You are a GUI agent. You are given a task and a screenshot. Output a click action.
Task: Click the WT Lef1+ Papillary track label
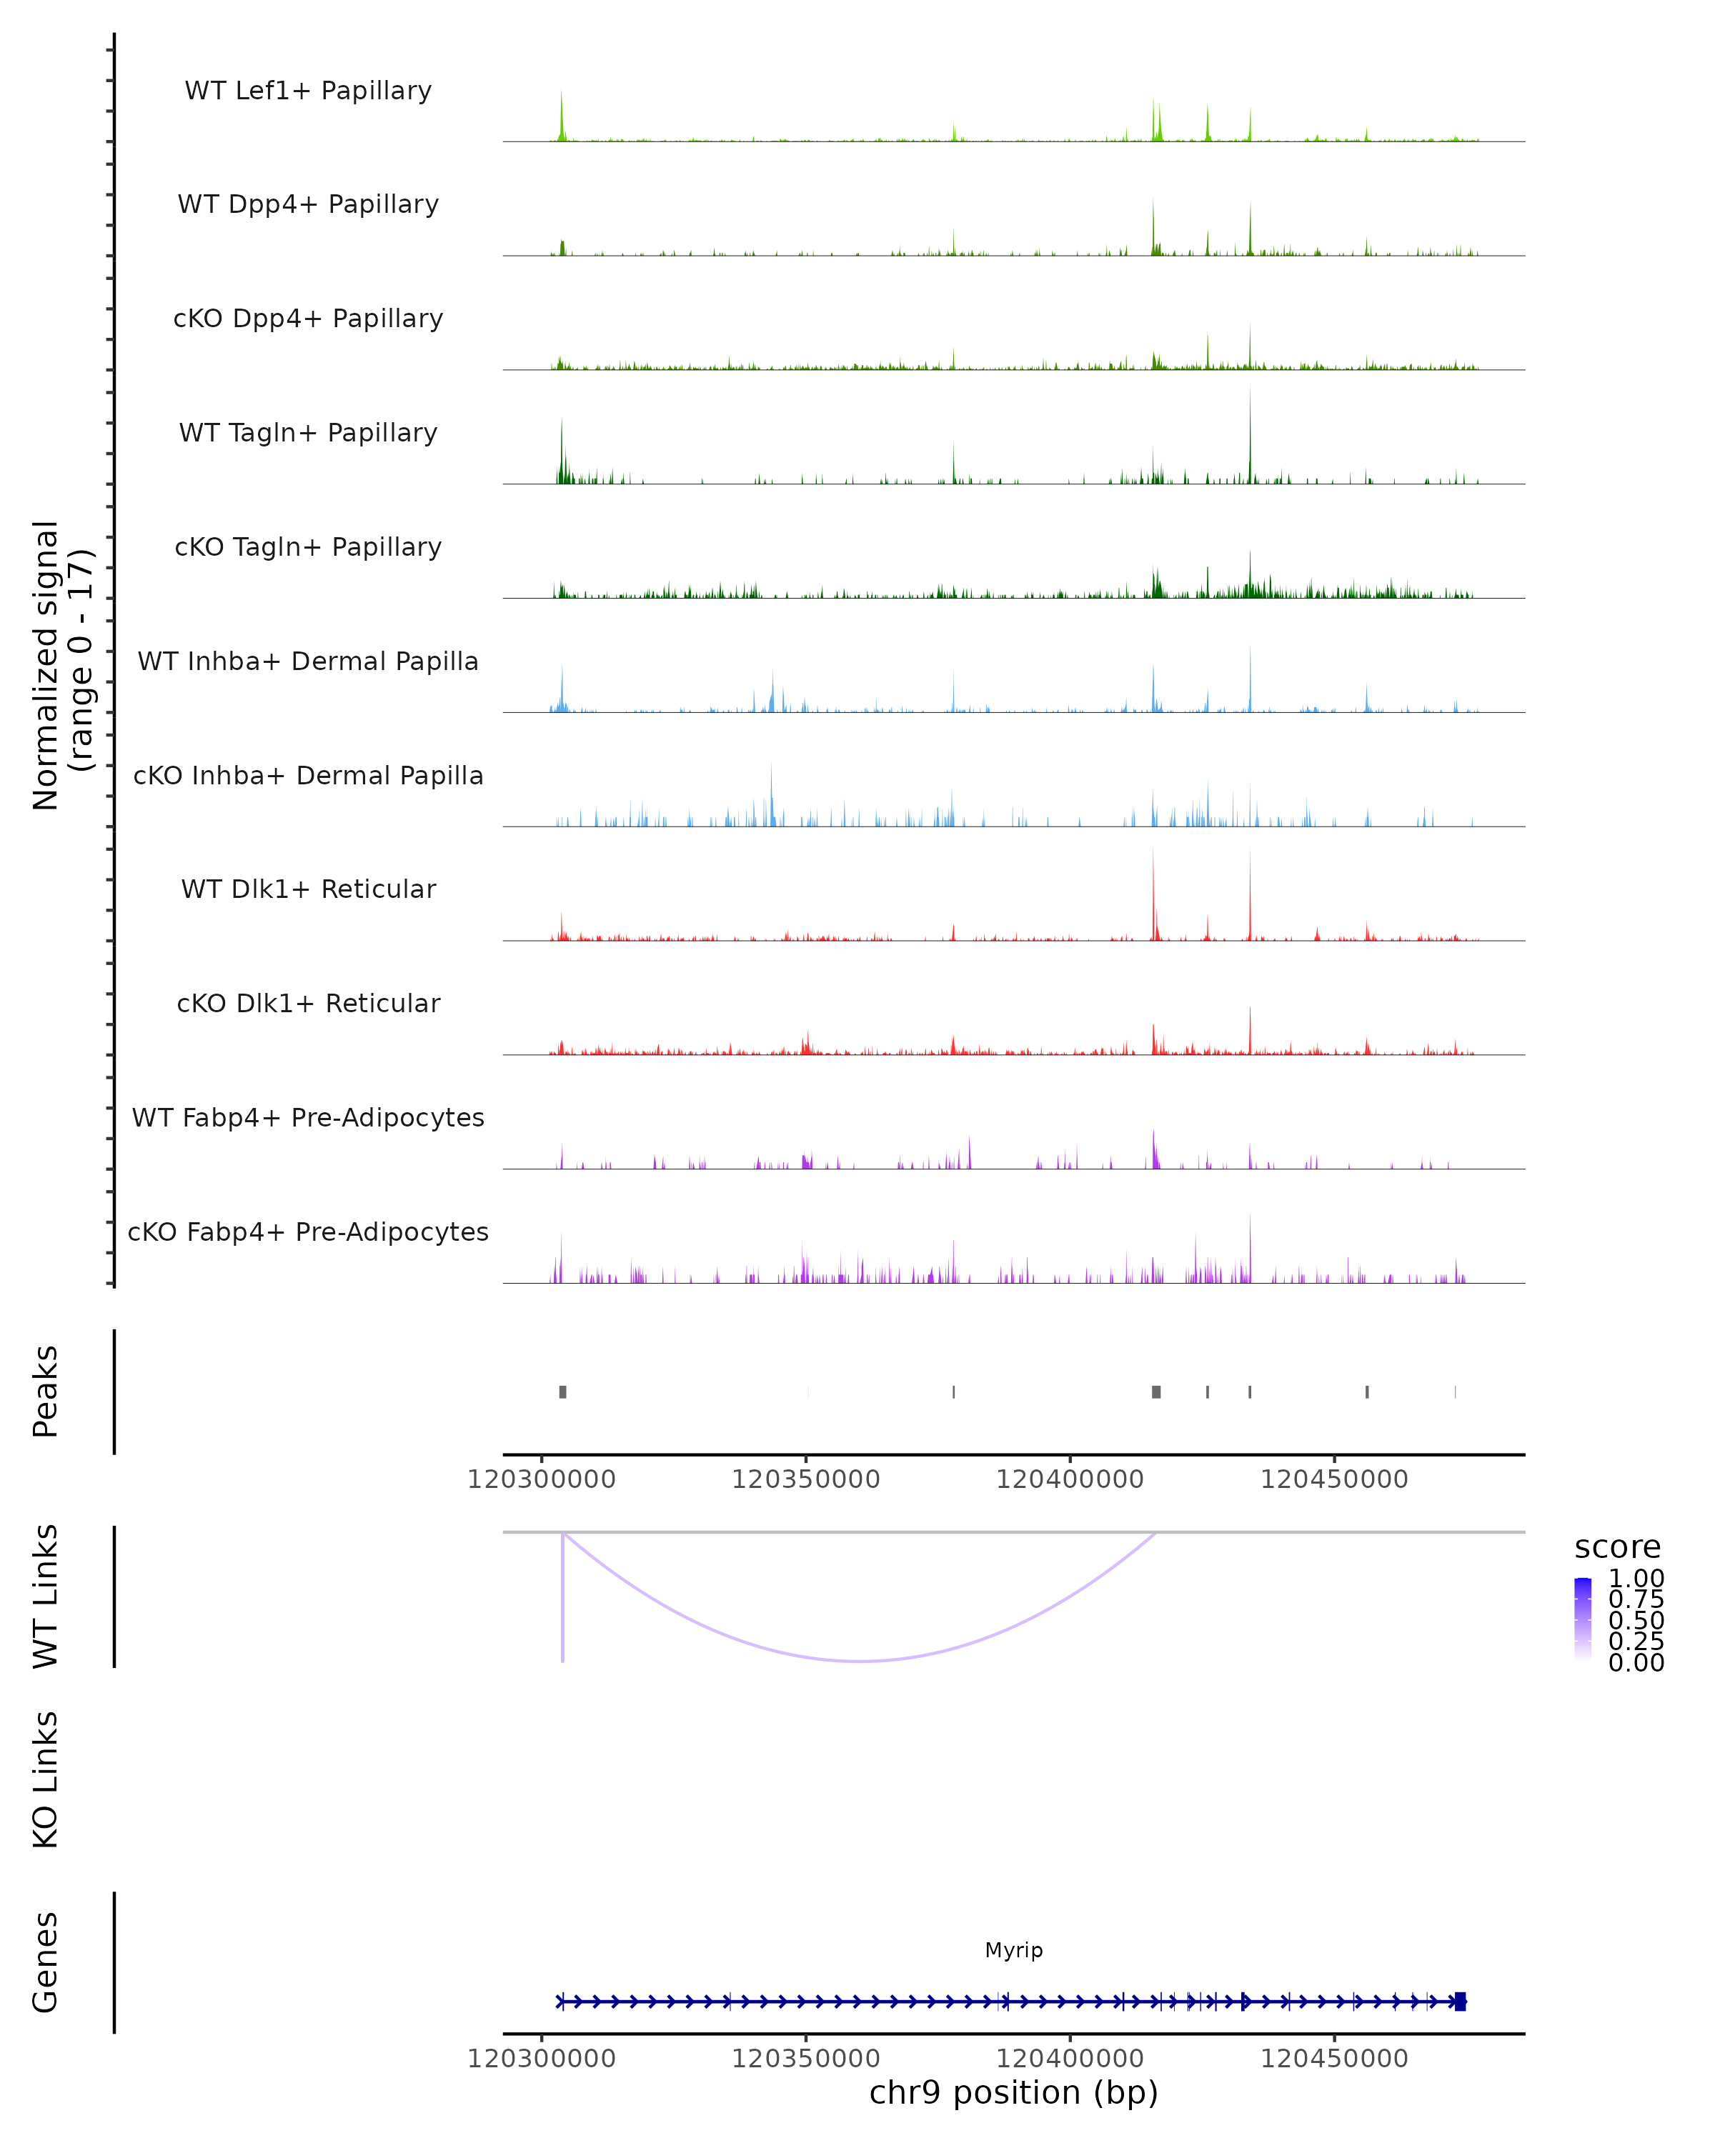(x=308, y=91)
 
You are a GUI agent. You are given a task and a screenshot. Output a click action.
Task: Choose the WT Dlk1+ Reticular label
(x=308, y=889)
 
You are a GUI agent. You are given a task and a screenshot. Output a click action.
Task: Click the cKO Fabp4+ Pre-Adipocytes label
(x=308, y=1232)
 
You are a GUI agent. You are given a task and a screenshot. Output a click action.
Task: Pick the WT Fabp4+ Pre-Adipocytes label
(x=308, y=1117)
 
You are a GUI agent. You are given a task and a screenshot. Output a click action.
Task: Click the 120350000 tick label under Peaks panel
(x=805, y=1479)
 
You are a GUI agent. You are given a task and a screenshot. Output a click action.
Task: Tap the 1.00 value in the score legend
(x=1636, y=1579)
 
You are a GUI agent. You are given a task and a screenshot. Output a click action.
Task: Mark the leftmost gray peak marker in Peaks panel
(x=562, y=1392)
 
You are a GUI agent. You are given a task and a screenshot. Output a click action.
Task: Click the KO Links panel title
(x=46, y=1779)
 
